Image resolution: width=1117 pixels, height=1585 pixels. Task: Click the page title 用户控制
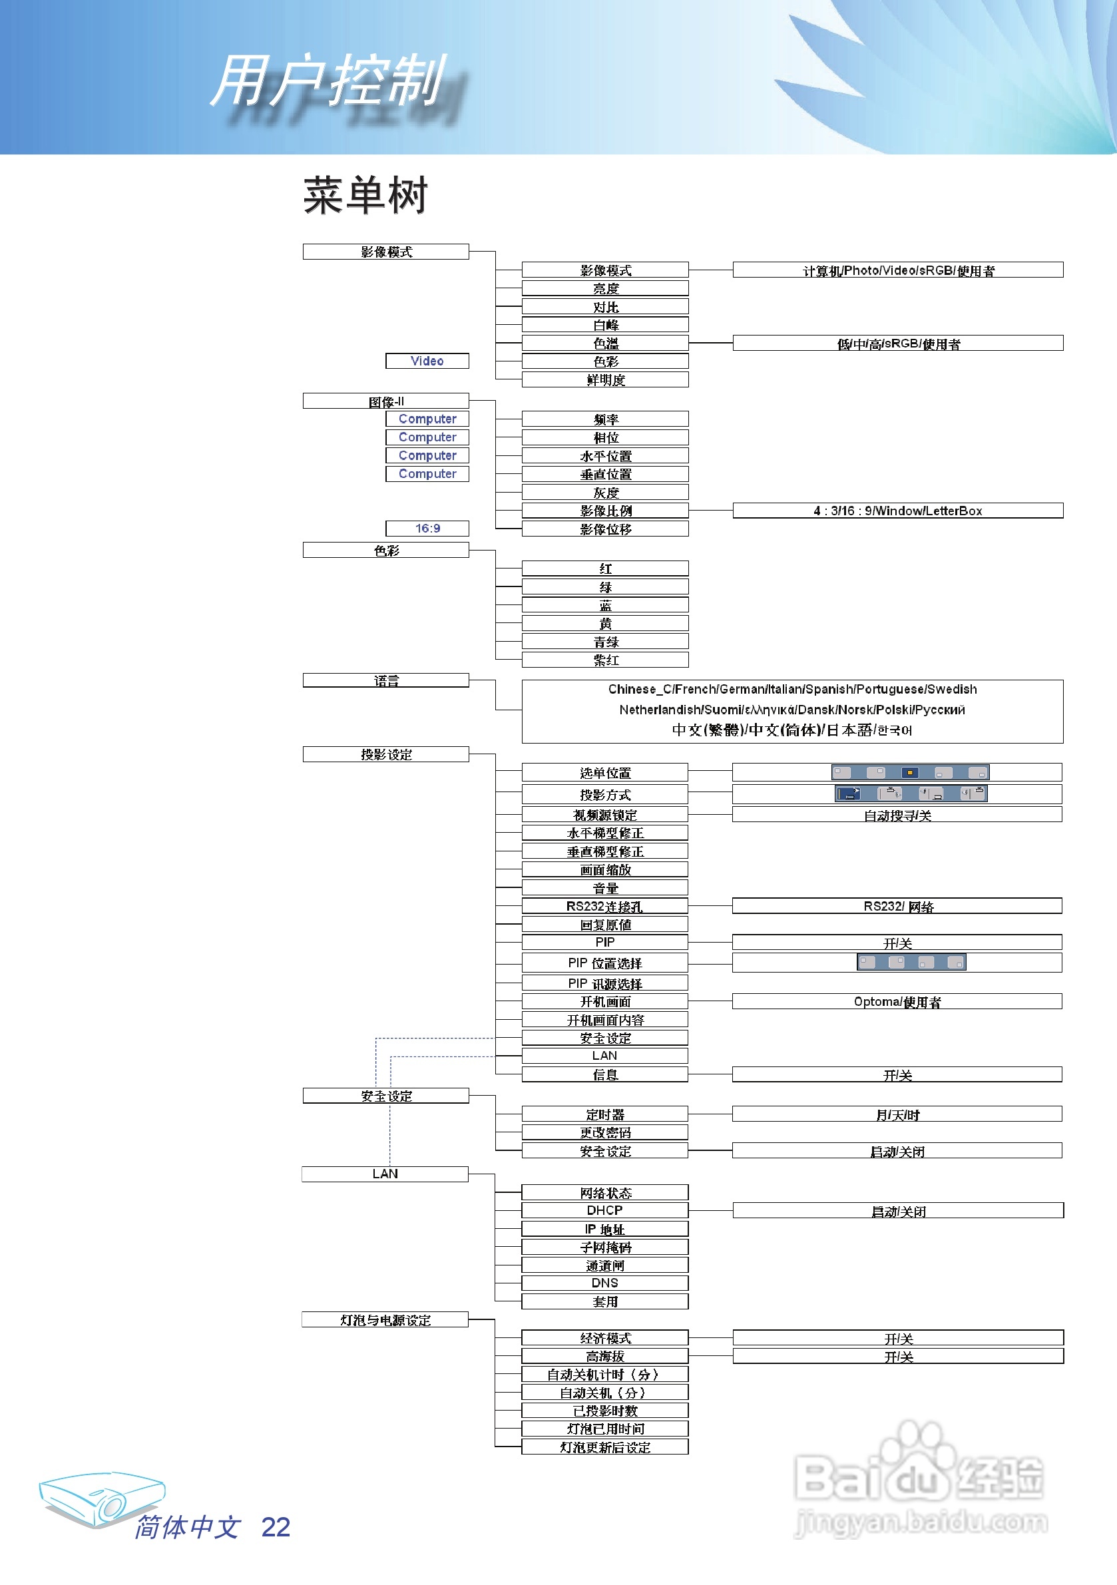pos(328,81)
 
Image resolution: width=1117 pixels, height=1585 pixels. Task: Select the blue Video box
pos(427,361)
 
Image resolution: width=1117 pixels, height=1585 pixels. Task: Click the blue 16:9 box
pos(427,529)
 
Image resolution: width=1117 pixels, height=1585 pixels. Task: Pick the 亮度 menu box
pos(604,288)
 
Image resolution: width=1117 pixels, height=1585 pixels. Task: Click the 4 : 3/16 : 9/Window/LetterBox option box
pos(897,511)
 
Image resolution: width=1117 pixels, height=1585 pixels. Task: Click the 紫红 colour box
pos(604,660)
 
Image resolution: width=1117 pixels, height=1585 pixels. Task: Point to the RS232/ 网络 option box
pos(897,907)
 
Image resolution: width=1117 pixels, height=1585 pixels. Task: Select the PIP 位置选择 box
pos(604,963)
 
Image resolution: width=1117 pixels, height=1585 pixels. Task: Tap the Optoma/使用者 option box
pos(897,1002)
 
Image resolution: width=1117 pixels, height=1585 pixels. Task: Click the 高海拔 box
pos(604,1357)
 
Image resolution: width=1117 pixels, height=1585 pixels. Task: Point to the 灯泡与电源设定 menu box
pos(385,1320)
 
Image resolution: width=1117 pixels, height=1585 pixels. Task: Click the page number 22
pos(276,1527)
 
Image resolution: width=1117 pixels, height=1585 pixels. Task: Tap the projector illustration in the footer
pos(101,1498)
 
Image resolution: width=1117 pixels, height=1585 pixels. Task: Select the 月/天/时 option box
pos(897,1114)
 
